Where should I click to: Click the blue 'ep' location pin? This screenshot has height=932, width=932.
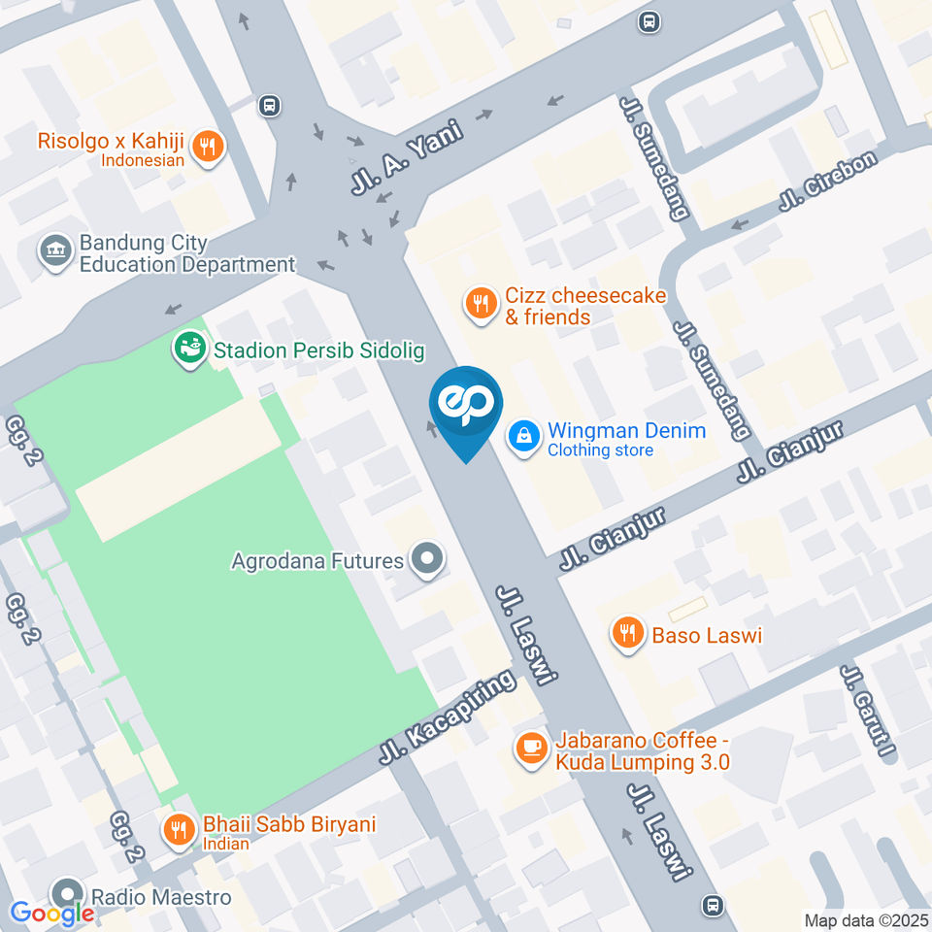tap(466, 404)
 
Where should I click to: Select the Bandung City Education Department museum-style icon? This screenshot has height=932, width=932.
tap(55, 250)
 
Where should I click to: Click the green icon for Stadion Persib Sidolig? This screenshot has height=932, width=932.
tap(189, 349)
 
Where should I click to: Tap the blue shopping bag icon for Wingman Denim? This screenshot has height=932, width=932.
tap(524, 437)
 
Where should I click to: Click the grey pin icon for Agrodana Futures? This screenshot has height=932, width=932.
tap(426, 559)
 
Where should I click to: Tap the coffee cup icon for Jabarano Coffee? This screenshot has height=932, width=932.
tap(530, 748)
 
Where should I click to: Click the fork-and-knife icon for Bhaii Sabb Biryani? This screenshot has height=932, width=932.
tap(178, 830)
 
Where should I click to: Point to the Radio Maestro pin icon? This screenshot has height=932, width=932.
tap(68, 893)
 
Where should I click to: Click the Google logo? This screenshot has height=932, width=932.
tap(51, 913)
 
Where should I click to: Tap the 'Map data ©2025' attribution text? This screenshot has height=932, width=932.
tap(866, 919)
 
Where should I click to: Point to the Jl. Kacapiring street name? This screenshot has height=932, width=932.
tap(448, 717)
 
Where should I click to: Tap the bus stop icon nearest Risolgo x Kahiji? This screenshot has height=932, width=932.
tap(270, 105)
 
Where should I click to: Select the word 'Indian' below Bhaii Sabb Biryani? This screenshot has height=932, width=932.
tap(226, 844)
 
